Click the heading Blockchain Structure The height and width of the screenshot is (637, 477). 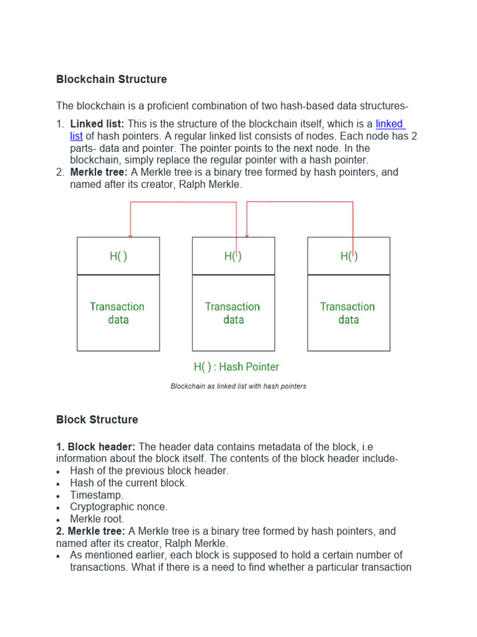112,80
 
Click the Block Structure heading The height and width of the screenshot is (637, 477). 97,420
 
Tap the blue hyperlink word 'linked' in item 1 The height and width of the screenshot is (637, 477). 389,124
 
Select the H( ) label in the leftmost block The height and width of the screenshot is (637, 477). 118,256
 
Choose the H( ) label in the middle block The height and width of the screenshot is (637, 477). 233,256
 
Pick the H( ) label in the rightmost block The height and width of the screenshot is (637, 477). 348,256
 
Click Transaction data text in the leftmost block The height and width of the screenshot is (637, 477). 117,313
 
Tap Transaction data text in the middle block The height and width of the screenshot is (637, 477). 233,313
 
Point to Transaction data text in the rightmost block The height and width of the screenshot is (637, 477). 348,313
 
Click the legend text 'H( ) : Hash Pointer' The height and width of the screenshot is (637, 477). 237,367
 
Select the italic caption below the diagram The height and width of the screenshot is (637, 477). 238,386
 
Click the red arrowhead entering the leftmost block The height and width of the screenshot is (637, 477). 130,235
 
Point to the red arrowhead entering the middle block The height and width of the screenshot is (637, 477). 247,235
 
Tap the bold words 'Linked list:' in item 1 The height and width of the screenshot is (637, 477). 98,124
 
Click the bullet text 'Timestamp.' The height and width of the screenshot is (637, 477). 97,495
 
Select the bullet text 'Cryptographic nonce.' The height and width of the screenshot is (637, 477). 119,507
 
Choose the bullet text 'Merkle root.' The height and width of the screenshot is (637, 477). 97,519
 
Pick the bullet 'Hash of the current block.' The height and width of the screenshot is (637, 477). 129,483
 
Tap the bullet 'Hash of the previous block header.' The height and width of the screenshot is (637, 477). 149,471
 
